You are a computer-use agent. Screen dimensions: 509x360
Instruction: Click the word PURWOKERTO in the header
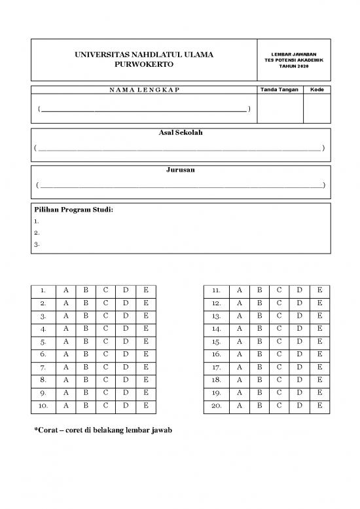coord(144,66)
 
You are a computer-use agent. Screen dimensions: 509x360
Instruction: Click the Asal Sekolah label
coord(180,133)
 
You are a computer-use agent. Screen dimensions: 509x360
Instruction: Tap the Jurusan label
coord(180,170)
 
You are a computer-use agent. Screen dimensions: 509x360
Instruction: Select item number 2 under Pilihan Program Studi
coord(37,233)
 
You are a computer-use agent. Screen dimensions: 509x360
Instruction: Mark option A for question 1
coord(65,290)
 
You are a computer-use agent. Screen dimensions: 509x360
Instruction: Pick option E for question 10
coord(146,406)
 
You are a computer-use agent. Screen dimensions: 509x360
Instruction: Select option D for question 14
coord(299,329)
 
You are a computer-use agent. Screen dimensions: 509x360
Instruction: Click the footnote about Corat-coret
coord(102,431)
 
